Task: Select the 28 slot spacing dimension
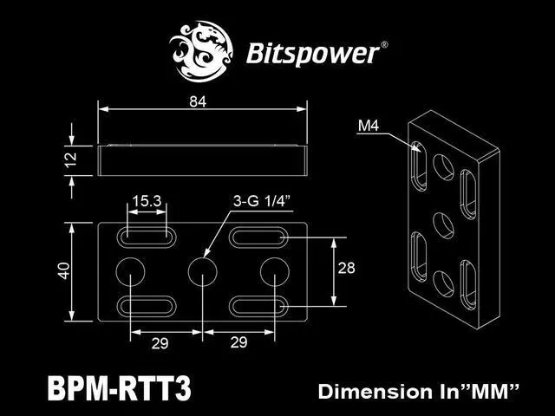346,269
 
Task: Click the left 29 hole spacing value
158,343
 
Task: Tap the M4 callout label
368,127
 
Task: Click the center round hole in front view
202,270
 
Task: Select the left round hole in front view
130,270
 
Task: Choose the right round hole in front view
274,270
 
